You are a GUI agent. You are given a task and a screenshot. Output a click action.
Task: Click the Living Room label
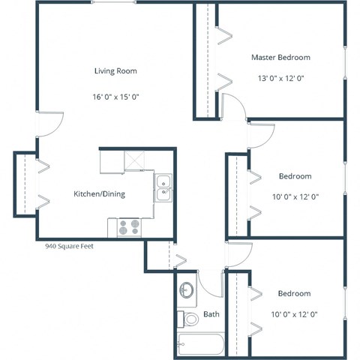click(115, 71)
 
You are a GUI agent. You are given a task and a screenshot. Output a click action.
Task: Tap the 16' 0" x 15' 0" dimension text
click(115, 97)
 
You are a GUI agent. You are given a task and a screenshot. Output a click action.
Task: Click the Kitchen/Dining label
click(98, 194)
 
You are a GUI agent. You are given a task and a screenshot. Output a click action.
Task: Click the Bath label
click(211, 314)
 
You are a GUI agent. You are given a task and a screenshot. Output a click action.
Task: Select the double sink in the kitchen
click(163, 188)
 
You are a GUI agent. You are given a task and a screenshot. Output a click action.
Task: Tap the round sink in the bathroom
click(187, 291)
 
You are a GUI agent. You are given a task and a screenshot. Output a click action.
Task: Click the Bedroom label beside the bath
click(294, 293)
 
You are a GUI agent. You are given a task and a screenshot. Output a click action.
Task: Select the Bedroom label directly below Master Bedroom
click(295, 176)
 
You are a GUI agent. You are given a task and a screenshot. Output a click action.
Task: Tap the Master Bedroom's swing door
click(234, 107)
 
